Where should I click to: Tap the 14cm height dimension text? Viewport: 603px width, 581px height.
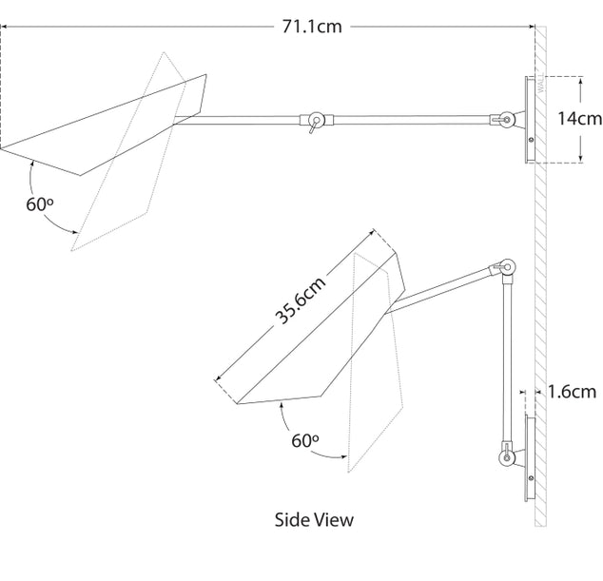pos(580,119)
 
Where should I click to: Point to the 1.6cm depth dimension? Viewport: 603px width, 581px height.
pos(572,390)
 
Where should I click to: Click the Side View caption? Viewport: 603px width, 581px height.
pos(313,519)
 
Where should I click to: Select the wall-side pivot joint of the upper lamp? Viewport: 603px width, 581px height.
pos(507,120)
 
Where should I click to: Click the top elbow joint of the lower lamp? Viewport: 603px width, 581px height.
pos(508,269)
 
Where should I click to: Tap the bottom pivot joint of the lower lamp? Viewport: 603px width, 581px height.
pos(507,459)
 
